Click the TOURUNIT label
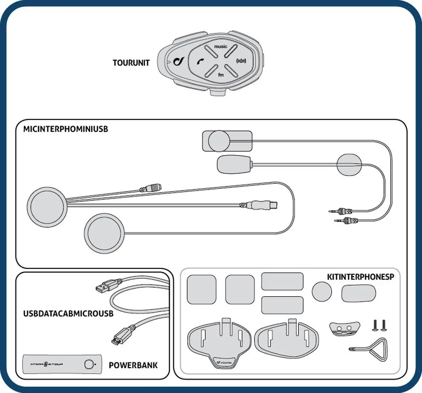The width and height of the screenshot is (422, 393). [131, 63]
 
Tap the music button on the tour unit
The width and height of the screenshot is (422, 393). [220, 47]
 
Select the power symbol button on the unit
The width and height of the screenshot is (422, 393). [241, 60]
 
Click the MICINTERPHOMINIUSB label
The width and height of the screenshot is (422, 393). [66, 129]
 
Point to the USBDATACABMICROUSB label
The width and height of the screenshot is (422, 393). [69, 313]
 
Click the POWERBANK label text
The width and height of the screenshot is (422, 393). [133, 365]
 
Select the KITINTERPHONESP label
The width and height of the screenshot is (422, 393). [360, 277]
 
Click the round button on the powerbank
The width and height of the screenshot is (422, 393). [89, 364]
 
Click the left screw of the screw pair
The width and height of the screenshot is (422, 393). [374, 325]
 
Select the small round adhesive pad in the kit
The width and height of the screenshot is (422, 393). [322, 292]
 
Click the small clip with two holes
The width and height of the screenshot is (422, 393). [344, 328]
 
